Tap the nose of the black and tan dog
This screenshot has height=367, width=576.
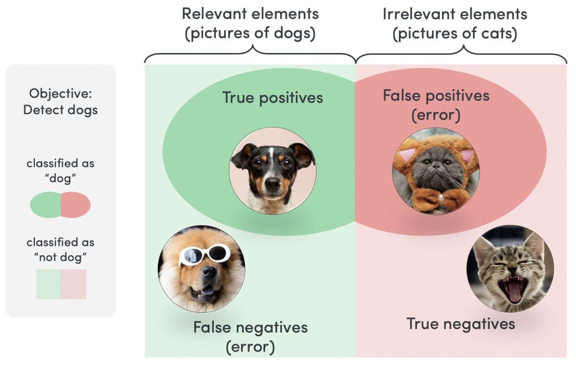[x=272, y=184]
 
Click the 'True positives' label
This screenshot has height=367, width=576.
[x=272, y=97]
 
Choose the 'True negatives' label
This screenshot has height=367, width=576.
[x=461, y=323]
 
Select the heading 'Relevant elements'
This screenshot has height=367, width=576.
[x=250, y=14]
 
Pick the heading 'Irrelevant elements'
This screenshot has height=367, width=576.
[x=455, y=14]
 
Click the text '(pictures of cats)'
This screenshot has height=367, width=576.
[x=455, y=34]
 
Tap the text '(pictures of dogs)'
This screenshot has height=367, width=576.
[x=250, y=34]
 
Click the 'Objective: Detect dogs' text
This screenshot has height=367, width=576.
[x=60, y=102]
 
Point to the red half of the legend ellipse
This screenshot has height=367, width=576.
[x=75, y=205]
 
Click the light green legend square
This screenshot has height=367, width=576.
[x=49, y=284]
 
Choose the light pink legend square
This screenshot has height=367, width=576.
[x=74, y=284]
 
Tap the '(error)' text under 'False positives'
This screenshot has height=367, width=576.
[x=436, y=115]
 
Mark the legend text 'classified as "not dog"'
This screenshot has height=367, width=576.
[x=60, y=250]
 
